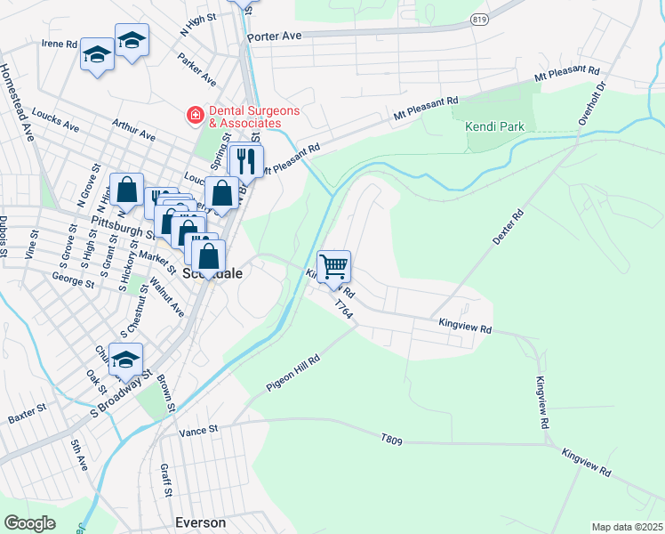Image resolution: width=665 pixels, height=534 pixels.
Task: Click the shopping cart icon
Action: point(333,266)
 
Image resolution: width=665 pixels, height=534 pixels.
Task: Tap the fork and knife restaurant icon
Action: point(246,161)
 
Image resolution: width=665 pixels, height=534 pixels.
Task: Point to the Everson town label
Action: point(202,522)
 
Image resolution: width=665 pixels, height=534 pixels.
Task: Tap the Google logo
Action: point(29,522)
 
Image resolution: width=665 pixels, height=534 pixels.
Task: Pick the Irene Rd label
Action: point(60,43)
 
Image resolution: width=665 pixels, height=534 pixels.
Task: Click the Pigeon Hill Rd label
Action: point(292,373)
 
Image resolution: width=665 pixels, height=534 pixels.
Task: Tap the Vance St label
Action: point(198,431)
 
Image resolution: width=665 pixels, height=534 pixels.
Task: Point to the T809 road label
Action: point(391,439)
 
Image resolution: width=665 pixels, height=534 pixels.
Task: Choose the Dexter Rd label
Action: point(508,228)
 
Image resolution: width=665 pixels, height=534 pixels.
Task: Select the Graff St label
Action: point(164,480)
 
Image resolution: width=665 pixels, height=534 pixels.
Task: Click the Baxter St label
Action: point(27,415)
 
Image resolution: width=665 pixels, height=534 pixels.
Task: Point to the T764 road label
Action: point(344,310)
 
